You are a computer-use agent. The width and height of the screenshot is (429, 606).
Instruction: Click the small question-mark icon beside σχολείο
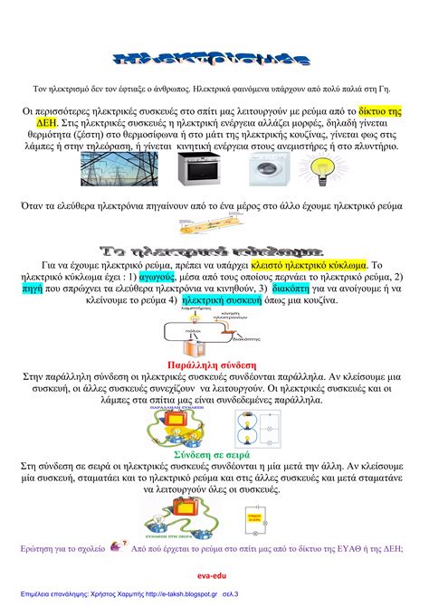coord(117,546)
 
